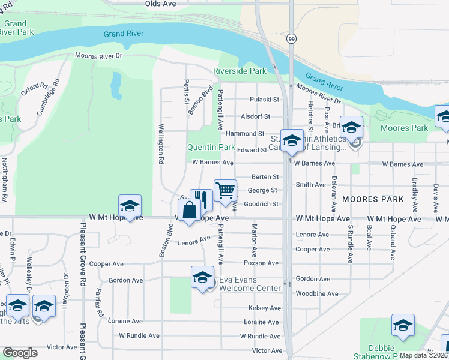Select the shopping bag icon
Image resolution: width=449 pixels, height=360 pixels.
[x=189, y=211]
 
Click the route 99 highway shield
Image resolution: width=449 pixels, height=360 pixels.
[x=291, y=38]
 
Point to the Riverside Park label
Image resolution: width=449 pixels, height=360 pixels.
[x=240, y=71]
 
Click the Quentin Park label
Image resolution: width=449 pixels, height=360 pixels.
[x=211, y=147]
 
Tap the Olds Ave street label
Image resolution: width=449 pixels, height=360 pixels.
[x=160, y=4]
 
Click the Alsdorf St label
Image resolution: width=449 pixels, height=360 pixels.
[x=256, y=116]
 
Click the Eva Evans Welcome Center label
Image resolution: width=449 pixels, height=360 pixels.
[x=250, y=284]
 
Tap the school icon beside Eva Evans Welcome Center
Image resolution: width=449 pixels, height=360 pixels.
[x=202, y=277]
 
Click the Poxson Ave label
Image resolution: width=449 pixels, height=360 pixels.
[x=261, y=263]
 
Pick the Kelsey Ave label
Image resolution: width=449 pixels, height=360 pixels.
[x=265, y=308]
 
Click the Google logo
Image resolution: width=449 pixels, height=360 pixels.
[x=20, y=353]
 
